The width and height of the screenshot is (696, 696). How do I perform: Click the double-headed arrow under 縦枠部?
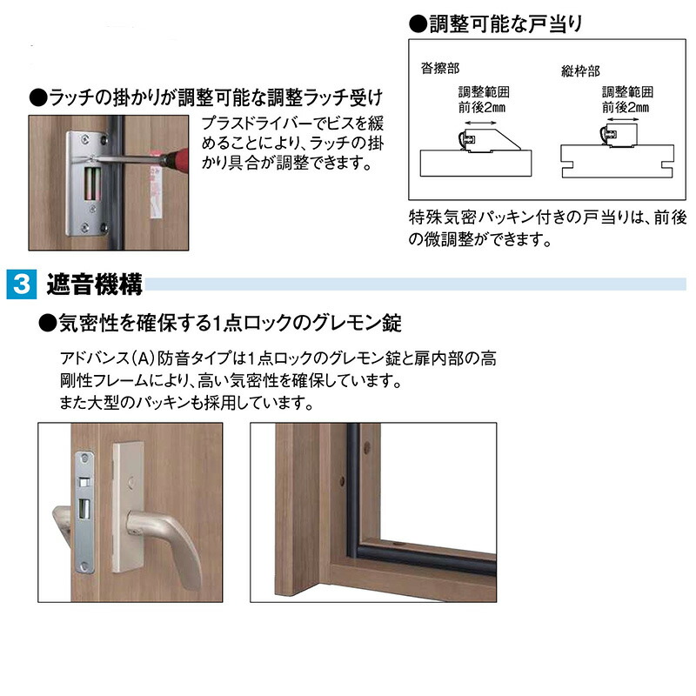[x=625, y=124]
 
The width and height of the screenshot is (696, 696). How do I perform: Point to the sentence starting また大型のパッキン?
[x=182, y=404]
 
